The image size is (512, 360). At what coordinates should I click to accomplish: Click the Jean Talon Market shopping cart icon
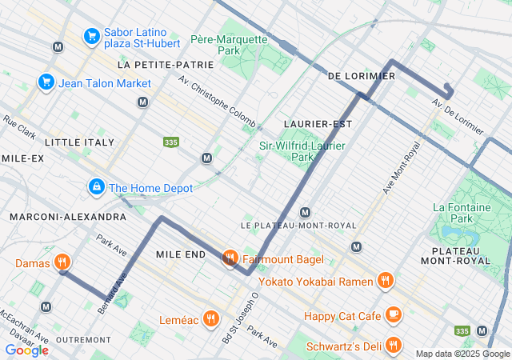tap(46, 82)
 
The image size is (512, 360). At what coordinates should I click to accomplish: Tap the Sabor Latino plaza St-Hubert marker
tap(91, 36)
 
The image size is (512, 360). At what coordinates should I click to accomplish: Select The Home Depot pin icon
tap(96, 187)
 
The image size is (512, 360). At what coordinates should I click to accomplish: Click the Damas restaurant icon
tap(62, 262)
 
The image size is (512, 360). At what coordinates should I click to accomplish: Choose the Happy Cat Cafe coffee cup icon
tap(392, 315)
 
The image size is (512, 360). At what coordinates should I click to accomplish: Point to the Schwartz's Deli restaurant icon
tap(392, 345)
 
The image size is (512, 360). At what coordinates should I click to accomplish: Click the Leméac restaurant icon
tap(211, 318)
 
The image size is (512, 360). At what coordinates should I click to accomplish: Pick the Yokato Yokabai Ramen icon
tap(386, 281)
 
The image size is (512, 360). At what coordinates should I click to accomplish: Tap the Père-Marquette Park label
tap(227, 44)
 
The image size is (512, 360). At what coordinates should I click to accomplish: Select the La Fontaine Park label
tap(462, 212)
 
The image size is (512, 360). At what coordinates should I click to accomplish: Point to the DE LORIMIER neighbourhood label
tap(362, 76)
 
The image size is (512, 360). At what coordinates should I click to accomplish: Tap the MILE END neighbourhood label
tap(180, 254)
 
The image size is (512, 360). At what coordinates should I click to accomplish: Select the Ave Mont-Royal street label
tap(401, 168)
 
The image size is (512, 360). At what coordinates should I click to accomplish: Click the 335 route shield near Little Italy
tap(170, 142)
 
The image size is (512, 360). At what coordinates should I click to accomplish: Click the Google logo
tap(26, 350)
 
